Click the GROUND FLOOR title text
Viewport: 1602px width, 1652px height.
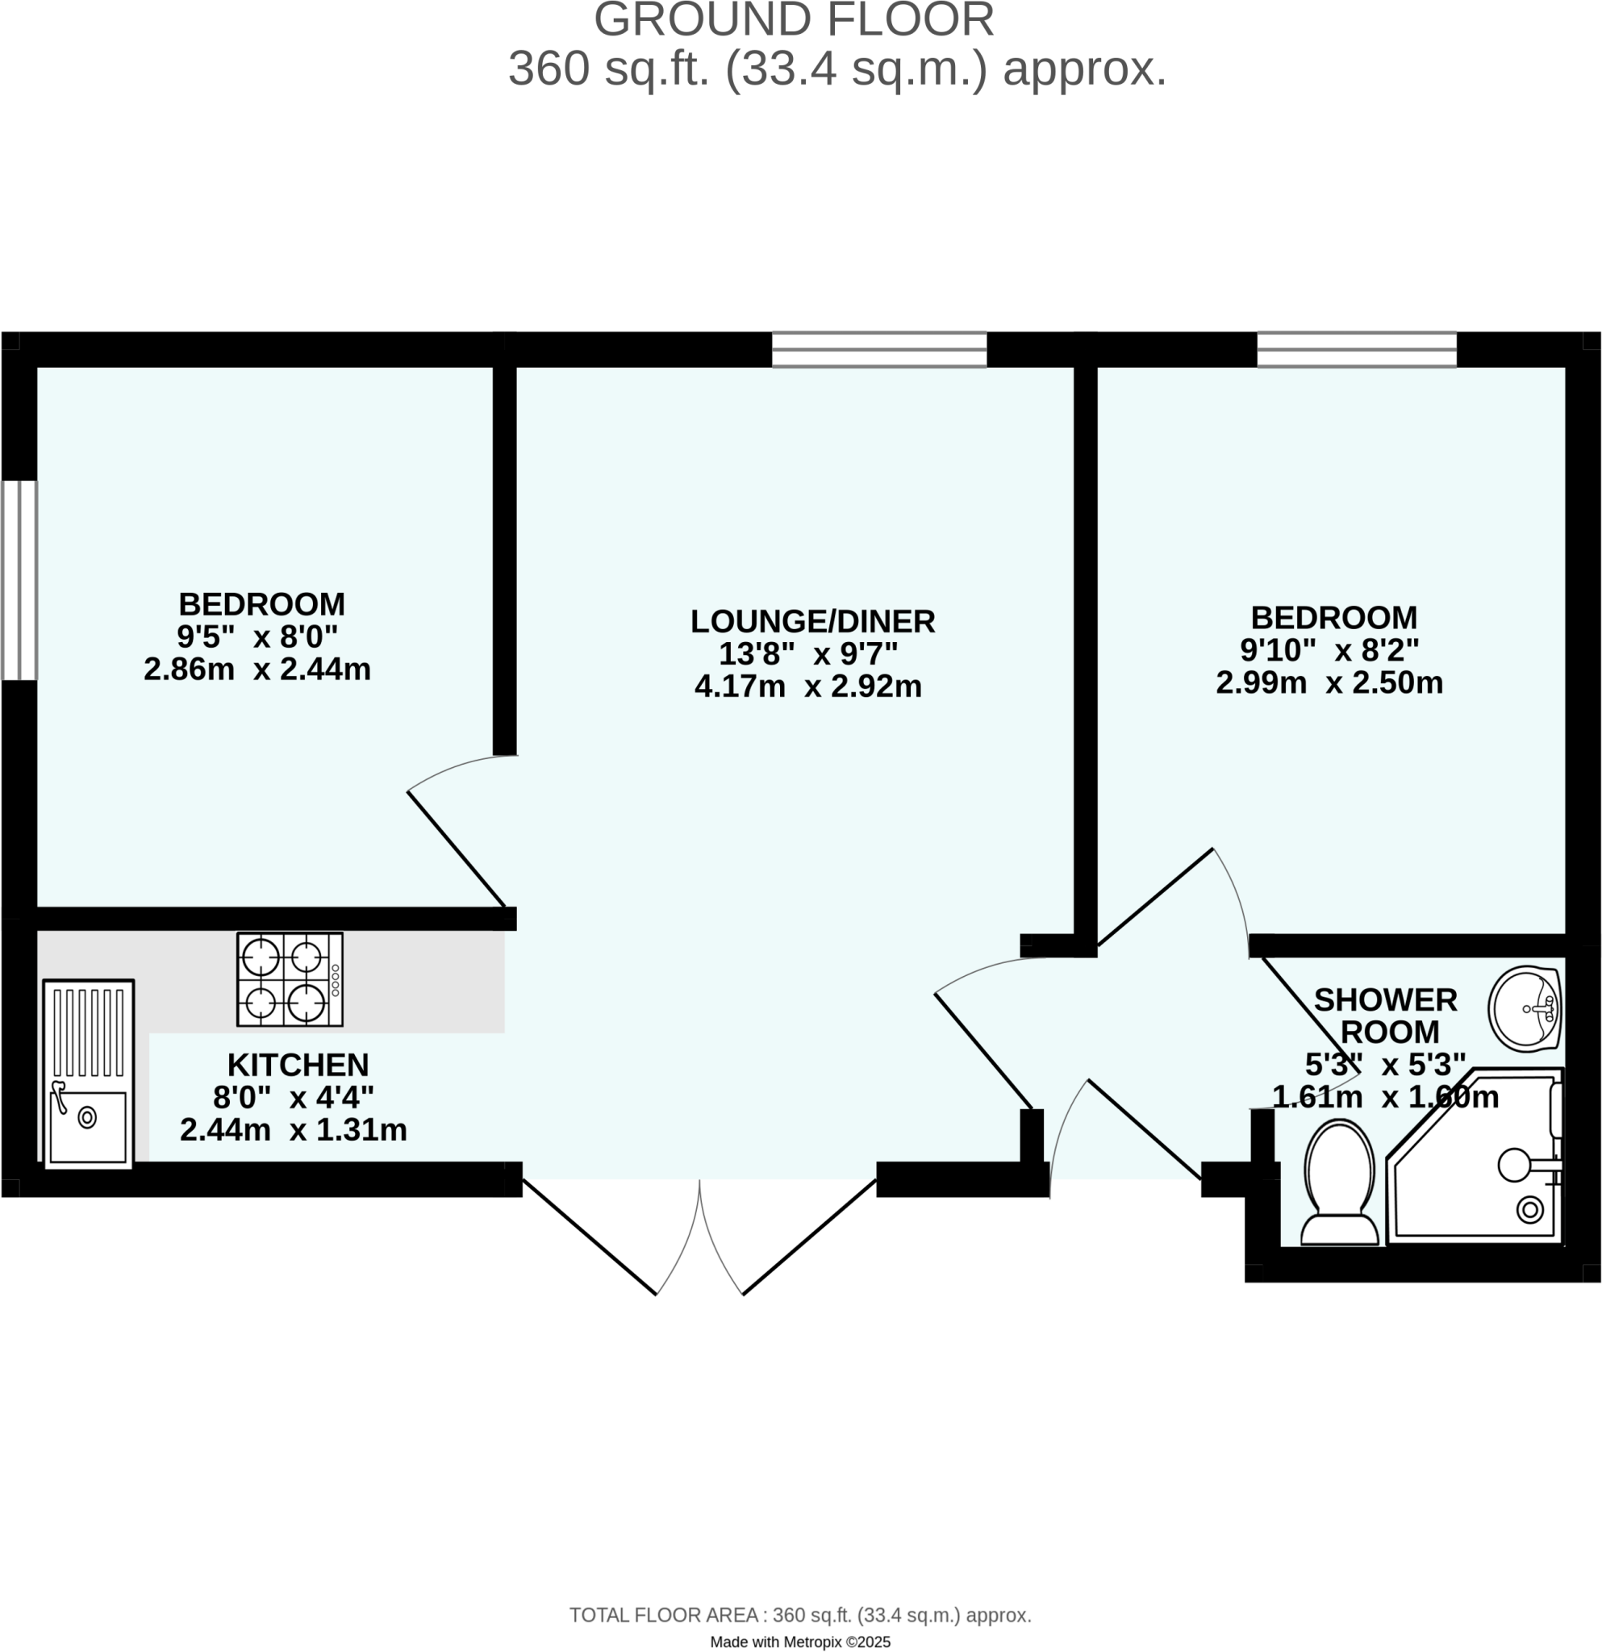(x=794, y=19)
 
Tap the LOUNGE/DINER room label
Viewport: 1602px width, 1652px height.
(x=812, y=621)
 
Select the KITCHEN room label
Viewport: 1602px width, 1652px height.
(x=298, y=1066)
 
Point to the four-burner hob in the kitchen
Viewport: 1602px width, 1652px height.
(x=290, y=978)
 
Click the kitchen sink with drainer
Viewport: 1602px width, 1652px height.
(x=89, y=1074)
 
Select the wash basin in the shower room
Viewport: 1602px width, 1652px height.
(x=1526, y=1009)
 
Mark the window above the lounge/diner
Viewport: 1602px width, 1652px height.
(x=879, y=350)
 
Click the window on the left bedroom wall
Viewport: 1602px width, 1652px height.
(x=19, y=580)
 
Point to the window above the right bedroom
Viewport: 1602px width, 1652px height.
(x=1356, y=350)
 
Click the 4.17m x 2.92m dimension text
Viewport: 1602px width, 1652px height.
(x=807, y=687)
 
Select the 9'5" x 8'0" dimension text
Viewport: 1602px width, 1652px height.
(x=257, y=636)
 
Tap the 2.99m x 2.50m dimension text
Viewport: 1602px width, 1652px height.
(x=1329, y=682)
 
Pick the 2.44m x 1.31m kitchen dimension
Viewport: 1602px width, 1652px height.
(x=294, y=1130)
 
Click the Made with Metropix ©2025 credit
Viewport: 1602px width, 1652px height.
(x=799, y=1642)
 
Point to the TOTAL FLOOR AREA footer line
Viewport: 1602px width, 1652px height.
(x=799, y=1616)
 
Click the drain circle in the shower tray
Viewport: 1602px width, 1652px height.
(x=1529, y=1210)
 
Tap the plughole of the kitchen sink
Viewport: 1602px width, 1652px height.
(x=87, y=1119)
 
